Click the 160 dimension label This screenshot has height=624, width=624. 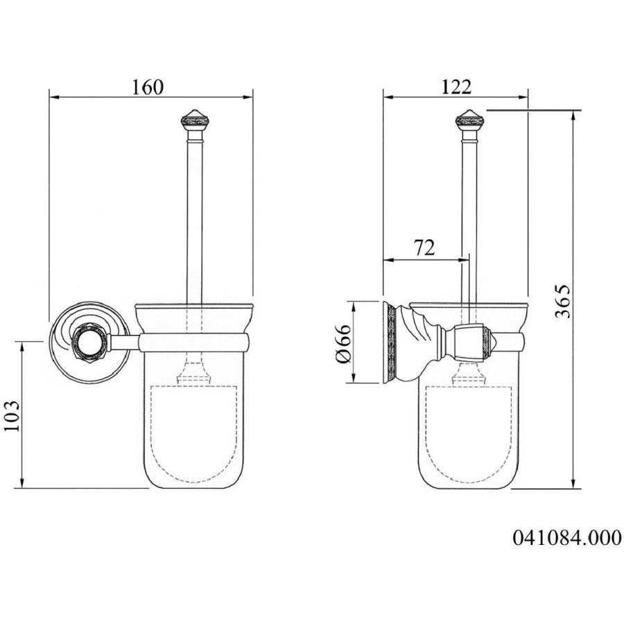(147, 87)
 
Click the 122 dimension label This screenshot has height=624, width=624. (456, 87)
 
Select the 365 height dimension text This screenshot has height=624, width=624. (563, 302)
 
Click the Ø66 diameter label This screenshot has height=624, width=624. (343, 343)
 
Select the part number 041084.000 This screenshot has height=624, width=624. (566, 538)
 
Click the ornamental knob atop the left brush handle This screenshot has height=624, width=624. (195, 120)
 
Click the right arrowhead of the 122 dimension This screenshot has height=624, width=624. (523, 97)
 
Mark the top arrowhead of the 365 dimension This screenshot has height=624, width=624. (573, 115)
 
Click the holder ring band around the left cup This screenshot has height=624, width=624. (194, 343)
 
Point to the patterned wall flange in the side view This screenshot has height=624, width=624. (390, 343)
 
